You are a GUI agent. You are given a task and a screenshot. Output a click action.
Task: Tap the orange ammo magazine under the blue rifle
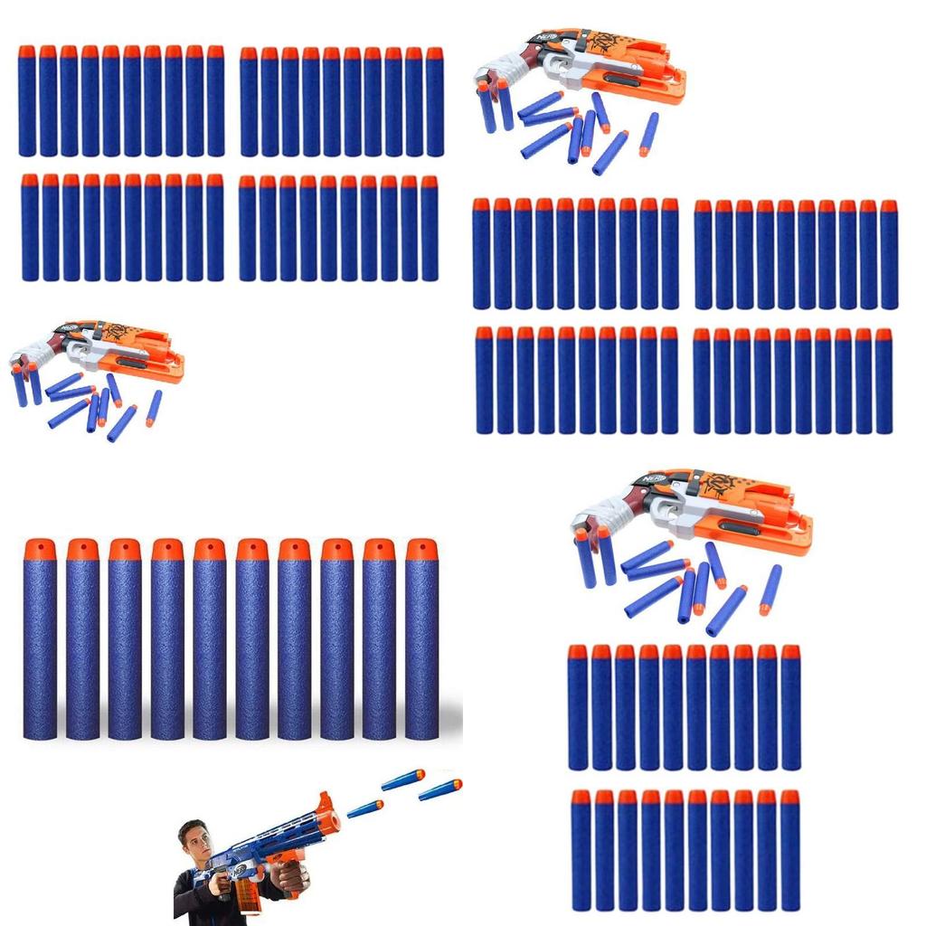[247, 895]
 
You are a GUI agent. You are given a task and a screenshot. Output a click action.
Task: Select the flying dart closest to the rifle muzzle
[365, 808]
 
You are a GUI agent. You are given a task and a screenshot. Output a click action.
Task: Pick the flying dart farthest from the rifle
[440, 789]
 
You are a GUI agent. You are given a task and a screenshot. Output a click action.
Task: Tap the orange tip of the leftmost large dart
[40, 549]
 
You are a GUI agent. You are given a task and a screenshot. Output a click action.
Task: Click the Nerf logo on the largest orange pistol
[655, 477]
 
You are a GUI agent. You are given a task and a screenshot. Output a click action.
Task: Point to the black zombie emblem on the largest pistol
[720, 486]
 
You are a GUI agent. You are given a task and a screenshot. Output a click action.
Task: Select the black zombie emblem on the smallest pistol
[115, 332]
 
